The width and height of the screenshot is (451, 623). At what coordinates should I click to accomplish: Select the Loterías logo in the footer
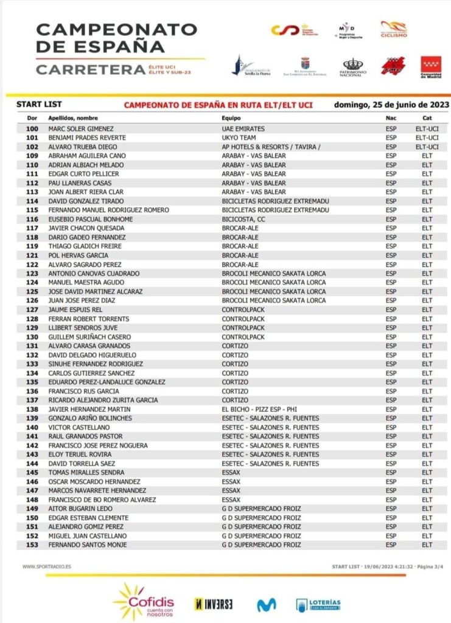[x=318, y=604]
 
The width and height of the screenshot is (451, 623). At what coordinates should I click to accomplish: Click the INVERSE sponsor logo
[x=213, y=604]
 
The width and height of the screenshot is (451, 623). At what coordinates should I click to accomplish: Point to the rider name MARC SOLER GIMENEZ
[x=80, y=129]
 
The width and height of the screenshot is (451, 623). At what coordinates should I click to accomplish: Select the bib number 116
[x=33, y=219]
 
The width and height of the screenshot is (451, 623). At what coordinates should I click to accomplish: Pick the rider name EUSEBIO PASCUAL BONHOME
[x=90, y=219]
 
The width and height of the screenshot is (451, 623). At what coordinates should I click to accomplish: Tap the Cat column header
[x=427, y=118]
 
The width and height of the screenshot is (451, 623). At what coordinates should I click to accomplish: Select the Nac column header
[x=391, y=118]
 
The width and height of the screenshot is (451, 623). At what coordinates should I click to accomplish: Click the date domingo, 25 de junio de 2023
[x=391, y=105]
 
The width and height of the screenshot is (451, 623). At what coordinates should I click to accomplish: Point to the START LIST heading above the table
[x=37, y=105]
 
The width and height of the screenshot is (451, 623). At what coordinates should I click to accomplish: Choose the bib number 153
[x=33, y=545]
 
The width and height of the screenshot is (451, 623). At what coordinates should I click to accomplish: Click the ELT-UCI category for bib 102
[x=427, y=147]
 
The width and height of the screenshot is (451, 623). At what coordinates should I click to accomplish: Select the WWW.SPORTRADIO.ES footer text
[x=46, y=566]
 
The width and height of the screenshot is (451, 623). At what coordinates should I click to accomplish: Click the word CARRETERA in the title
[x=91, y=69]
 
